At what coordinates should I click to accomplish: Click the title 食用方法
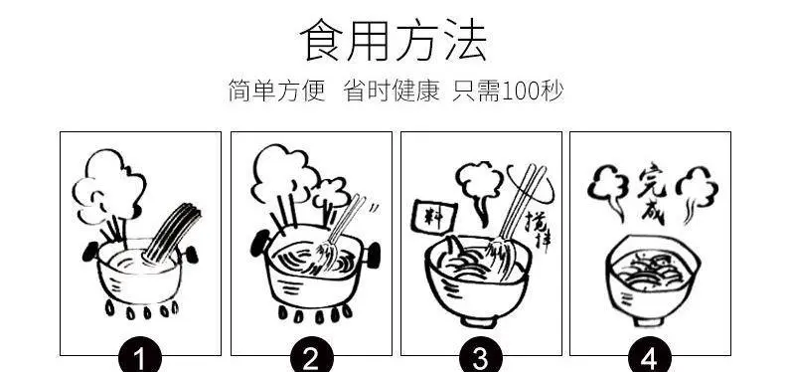(394, 40)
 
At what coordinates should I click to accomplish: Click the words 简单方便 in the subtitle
(277, 91)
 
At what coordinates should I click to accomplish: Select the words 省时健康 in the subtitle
(392, 91)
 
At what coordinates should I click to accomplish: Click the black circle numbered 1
(140, 357)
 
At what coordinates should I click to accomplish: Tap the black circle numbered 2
(311, 357)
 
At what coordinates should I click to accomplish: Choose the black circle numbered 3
(481, 357)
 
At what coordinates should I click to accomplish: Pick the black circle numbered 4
(650, 357)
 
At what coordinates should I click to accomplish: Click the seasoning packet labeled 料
(434, 216)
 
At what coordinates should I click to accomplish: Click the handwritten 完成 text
(651, 194)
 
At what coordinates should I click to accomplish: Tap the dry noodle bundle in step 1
(172, 233)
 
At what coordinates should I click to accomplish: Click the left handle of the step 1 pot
(90, 252)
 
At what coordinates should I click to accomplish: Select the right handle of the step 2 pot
(373, 256)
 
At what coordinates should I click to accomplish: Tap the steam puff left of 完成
(608, 192)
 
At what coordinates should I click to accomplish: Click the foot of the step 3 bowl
(478, 321)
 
